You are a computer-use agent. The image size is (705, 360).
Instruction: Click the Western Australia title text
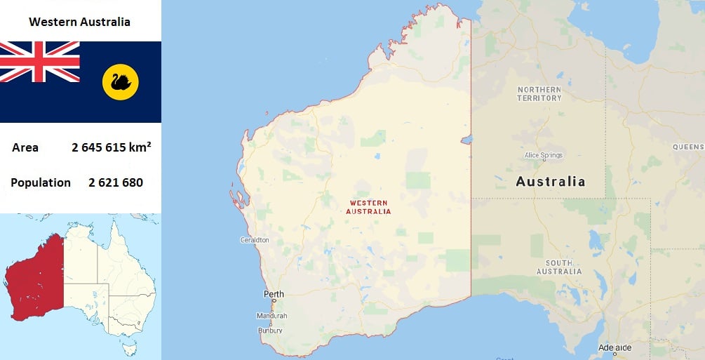pyautogui.click(x=79, y=22)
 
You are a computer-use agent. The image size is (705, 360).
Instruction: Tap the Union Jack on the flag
pyautogui.click(x=40, y=62)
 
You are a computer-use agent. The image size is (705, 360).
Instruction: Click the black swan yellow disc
pyautogui.click(x=121, y=83)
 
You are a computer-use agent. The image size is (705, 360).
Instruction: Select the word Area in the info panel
pyautogui.click(x=25, y=147)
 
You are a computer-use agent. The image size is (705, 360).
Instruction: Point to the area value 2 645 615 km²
pyautogui.click(x=112, y=147)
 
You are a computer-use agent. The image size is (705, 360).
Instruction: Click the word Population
pyautogui.click(x=41, y=182)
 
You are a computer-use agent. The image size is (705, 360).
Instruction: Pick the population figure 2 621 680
pyautogui.click(x=116, y=182)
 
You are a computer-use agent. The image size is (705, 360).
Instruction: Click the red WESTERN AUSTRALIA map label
pyautogui.click(x=368, y=207)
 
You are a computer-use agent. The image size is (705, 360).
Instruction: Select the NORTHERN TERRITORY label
pyautogui.click(x=539, y=94)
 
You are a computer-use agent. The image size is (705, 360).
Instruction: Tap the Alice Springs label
pyautogui.click(x=544, y=155)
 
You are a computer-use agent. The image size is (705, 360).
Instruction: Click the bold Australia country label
pyautogui.click(x=551, y=182)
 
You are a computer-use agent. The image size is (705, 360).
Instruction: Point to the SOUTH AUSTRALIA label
pyautogui.click(x=559, y=267)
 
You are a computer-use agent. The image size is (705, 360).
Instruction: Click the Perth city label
pyautogui.click(x=274, y=294)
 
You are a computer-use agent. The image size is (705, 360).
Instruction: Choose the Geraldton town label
pyautogui.click(x=255, y=240)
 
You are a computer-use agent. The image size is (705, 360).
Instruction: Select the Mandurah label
pyautogui.click(x=271, y=316)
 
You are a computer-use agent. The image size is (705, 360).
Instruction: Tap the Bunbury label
pyautogui.click(x=270, y=330)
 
